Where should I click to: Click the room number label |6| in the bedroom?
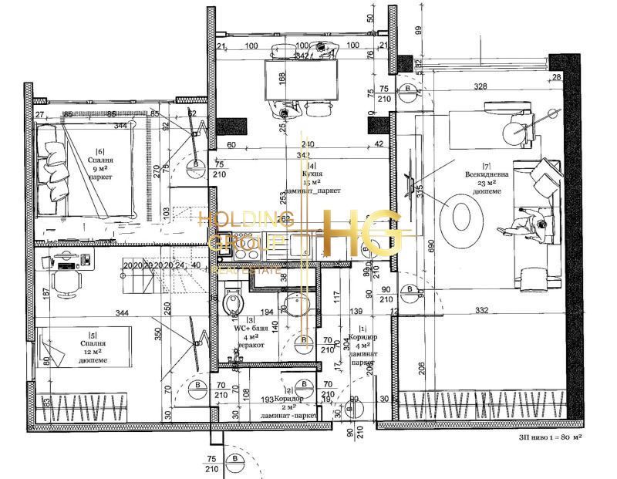coord(99,151)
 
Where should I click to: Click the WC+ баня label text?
coord(251,327)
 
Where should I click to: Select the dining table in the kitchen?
coord(301,79)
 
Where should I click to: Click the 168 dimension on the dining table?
coord(282,78)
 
